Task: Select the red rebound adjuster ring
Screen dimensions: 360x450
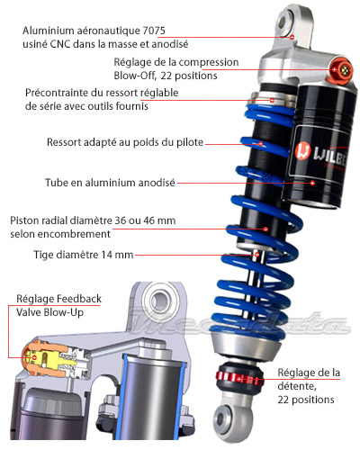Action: [x=239, y=379]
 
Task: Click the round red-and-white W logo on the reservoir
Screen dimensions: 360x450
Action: [x=302, y=151]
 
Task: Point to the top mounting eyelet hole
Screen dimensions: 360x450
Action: [x=283, y=22]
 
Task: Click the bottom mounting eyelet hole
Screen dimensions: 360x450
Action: [x=221, y=418]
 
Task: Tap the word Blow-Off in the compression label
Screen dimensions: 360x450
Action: [x=135, y=76]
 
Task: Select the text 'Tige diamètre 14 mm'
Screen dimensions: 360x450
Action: [x=84, y=255]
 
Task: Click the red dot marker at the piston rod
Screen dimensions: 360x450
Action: [x=257, y=255]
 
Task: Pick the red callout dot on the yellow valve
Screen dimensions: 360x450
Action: [x=34, y=357]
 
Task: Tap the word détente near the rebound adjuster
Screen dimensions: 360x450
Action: [x=297, y=386]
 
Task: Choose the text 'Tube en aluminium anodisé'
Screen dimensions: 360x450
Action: [x=110, y=183]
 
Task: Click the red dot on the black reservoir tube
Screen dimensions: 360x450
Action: [x=312, y=183]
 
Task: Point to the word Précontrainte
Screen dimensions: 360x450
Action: [x=59, y=93]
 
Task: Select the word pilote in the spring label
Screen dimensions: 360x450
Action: [x=190, y=142]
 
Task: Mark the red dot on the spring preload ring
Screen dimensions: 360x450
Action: [x=272, y=100]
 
